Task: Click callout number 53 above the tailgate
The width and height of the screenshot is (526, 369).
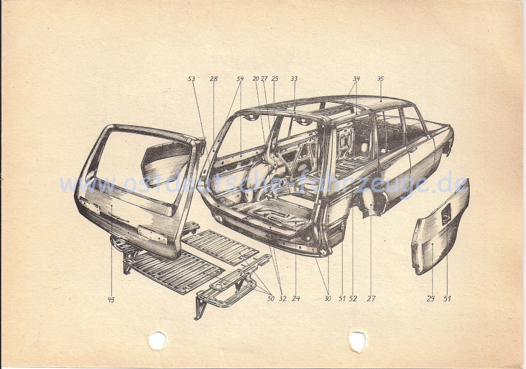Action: tap(191, 79)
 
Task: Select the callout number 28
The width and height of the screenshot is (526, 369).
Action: tap(213, 79)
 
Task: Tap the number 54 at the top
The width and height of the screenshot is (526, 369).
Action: tap(240, 79)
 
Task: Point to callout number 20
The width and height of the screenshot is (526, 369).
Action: tap(256, 79)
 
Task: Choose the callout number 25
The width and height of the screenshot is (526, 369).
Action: tap(274, 79)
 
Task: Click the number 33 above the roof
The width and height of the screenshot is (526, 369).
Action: tap(294, 79)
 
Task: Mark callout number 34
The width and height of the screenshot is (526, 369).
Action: tap(356, 79)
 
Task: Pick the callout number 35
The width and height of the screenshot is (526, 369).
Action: tap(380, 79)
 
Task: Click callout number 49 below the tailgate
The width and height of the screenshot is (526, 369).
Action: tap(111, 299)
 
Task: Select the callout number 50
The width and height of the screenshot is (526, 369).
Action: tap(270, 299)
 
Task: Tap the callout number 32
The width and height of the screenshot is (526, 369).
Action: tap(283, 299)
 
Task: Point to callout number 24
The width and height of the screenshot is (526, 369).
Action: tap(296, 299)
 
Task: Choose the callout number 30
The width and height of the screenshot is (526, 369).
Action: tap(327, 299)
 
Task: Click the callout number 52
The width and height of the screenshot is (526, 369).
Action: tap(353, 299)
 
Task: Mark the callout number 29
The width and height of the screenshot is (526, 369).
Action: tap(430, 299)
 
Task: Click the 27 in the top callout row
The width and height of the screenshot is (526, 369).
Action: tap(264, 79)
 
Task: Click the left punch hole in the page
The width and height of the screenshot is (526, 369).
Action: tap(157, 340)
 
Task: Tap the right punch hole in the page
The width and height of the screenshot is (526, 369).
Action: tap(357, 341)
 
